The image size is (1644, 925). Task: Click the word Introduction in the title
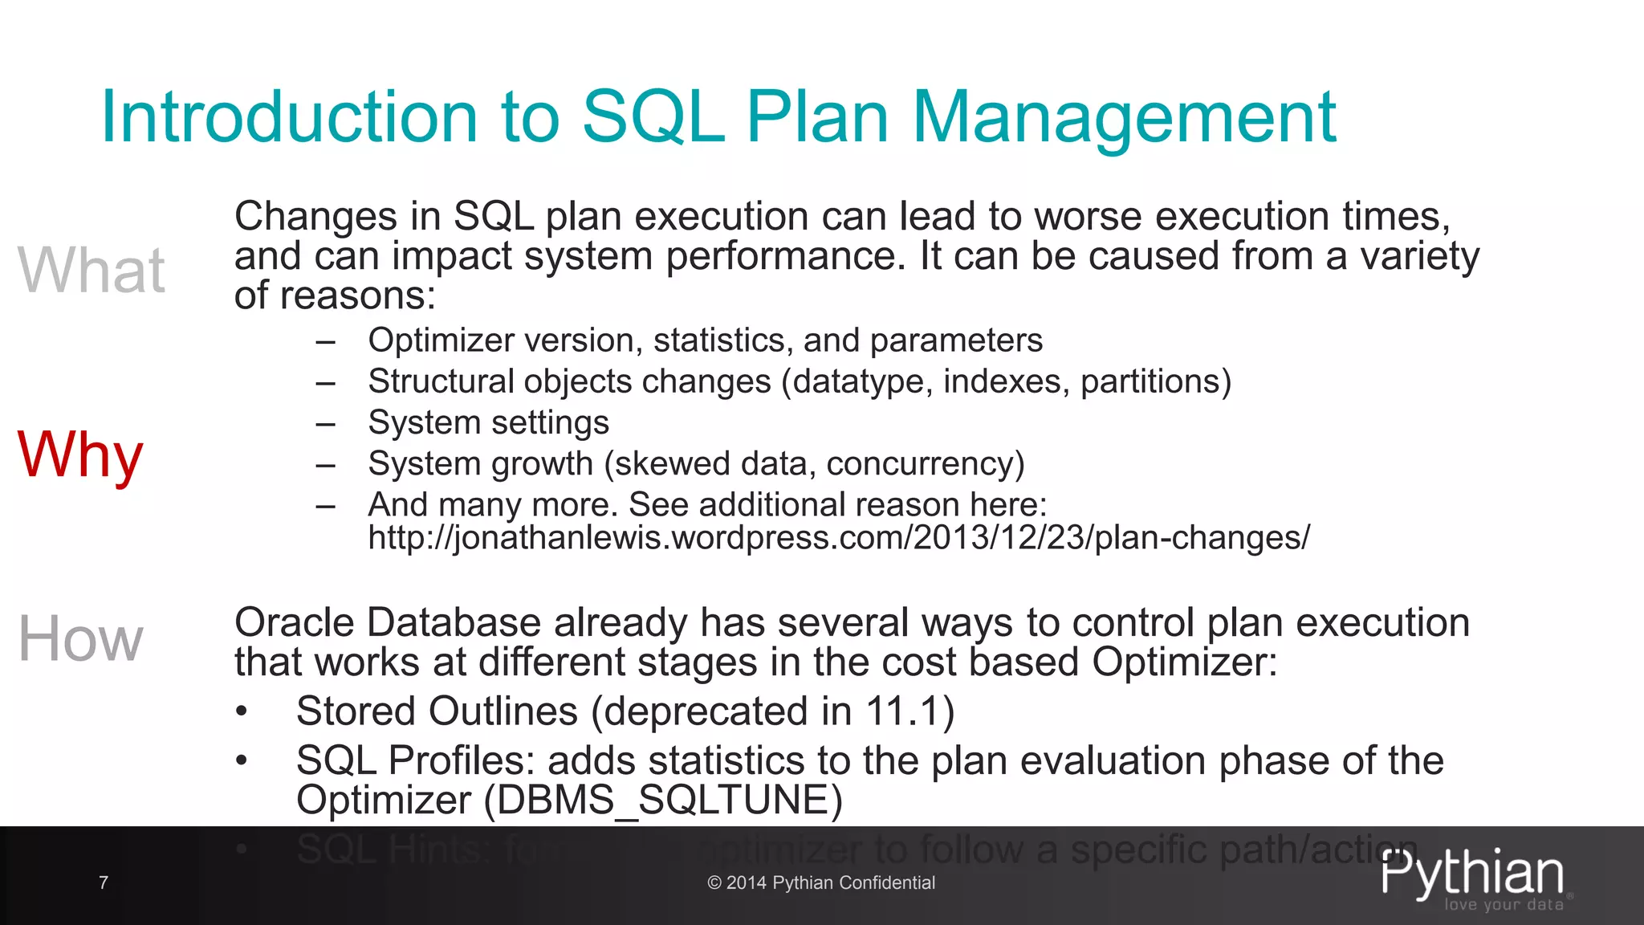click(x=289, y=118)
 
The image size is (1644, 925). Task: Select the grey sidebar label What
click(x=92, y=271)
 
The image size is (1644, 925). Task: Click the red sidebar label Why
click(x=80, y=455)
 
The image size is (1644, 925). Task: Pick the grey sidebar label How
click(x=80, y=639)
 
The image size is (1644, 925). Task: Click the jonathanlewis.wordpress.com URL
click(x=838, y=537)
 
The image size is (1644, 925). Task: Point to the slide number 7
click(x=104, y=882)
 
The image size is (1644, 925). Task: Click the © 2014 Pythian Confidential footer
click(x=821, y=882)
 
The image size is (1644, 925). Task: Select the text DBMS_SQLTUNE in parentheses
click(x=663, y=801)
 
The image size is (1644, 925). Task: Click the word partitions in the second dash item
click(x=1150, y=381)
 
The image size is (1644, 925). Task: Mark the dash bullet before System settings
click(x=325, y=424)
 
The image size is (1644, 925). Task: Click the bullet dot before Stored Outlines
click(x=241, y=713)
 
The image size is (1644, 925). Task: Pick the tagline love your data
click(x=1504, y=905)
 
